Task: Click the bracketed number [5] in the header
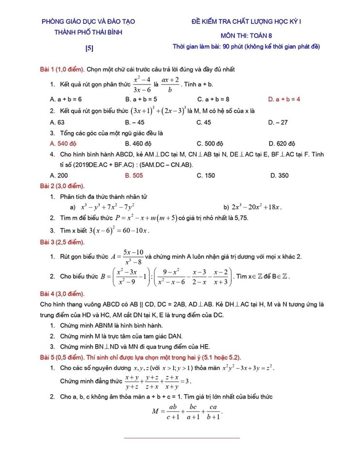89,48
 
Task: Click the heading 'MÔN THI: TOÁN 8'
246,35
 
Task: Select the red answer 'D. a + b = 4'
284,99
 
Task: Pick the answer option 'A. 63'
57,122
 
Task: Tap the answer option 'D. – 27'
278,122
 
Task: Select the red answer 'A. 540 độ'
64,144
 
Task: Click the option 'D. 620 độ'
281,144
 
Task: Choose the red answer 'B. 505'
134,176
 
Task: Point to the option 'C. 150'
206,176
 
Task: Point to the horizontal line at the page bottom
182,438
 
